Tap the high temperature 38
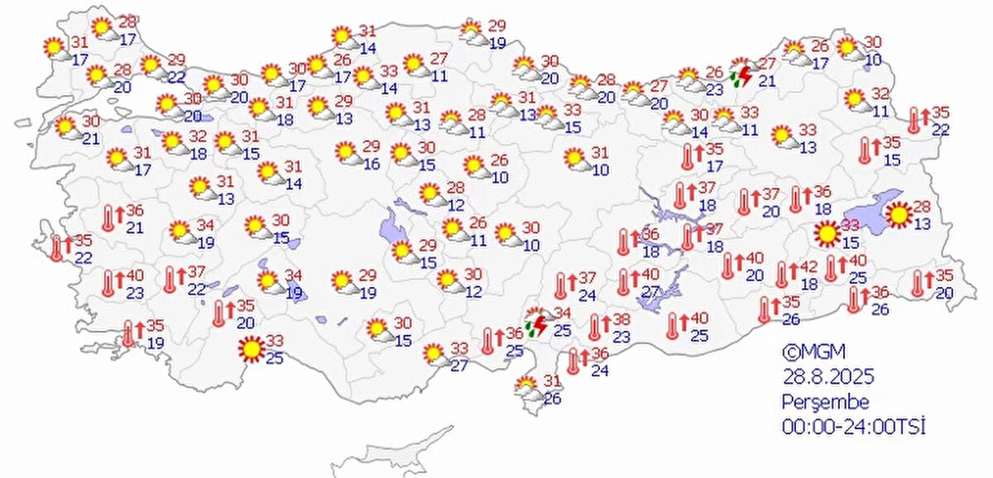[x=621, y=320]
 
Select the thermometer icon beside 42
[x=782, y=274]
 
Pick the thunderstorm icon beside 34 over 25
[x=535, y=322]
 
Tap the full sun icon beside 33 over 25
[x=250, y=351]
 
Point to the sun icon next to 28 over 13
[x=897, y=216]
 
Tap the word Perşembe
[x=826, y=403]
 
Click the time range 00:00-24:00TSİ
[x=853, y=427]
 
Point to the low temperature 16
[x=372, y=164]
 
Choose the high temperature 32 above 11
[x=880, y=93]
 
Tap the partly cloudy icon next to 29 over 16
[x=346, y=152]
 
